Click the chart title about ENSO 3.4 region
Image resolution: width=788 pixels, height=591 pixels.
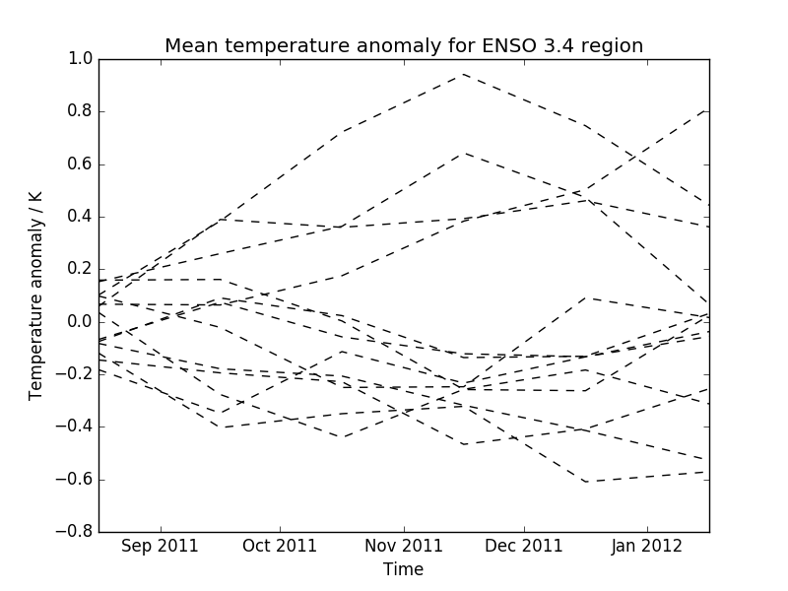point(404,46)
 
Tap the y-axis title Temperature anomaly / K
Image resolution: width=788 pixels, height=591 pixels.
point(36,295)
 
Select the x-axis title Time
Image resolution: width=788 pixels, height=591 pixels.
point(404,569)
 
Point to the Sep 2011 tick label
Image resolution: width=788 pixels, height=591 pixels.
point(161,546)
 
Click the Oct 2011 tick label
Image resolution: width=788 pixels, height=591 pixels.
point(281,546)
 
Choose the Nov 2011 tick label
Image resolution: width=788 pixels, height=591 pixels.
point(404,546)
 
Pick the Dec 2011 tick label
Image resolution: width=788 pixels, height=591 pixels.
point(524,546)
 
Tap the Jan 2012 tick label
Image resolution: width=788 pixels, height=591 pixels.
point(645,546)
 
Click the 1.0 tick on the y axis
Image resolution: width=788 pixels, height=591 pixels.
point(80,59)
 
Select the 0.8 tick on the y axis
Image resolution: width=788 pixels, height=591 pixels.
point(80,111)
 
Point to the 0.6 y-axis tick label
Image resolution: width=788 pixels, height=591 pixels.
point(80,164)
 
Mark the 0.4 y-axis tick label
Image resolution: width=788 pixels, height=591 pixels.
point(80,217)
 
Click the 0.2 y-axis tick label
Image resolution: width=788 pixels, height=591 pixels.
point(80,269)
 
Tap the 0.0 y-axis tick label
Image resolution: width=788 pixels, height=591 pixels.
point(80,322)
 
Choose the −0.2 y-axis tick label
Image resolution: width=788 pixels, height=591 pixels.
point(75,374)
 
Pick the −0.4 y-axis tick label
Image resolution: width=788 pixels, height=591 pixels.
point(75,427)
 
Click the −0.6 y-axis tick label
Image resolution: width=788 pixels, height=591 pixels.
point(75,480)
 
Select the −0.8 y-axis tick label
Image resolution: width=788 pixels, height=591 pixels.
point(75,532)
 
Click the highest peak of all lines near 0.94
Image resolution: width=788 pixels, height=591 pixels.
point(463,74)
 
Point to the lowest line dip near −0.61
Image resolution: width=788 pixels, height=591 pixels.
point(586,482)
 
